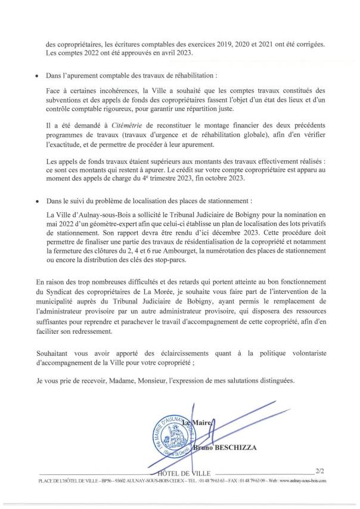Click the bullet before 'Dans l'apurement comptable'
(38, 77)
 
